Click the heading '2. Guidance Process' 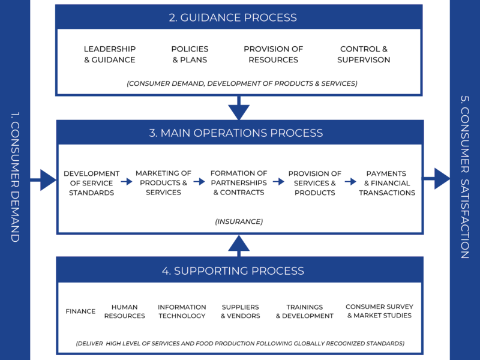pos(239,17)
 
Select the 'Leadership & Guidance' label pos(110,54)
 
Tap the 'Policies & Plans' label pos(190,54)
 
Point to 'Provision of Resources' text pos(273,54)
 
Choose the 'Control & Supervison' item pos(364,54)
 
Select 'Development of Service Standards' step pos(92,183)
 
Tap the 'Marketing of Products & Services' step pos(163,183)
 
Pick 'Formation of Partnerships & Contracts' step pos(239,183)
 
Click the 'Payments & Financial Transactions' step pos(387,183)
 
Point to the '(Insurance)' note pos(239,221)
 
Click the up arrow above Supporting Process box pos(239,244)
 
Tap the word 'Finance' pos(80,311)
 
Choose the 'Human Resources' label pos(125,311)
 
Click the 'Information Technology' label pos(182,311)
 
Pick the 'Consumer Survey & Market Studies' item pos(379,311)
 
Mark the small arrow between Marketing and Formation pos(199,181)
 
